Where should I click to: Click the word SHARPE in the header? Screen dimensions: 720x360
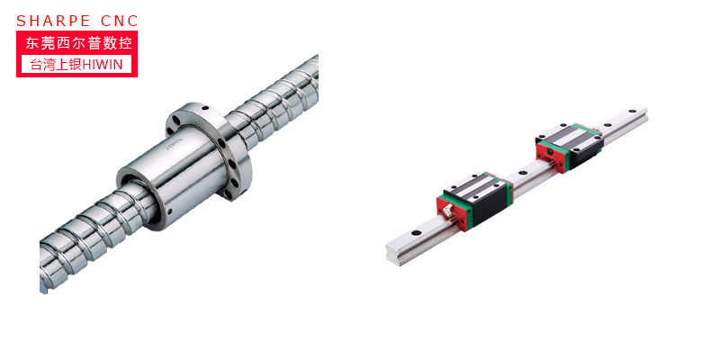pos(53,21)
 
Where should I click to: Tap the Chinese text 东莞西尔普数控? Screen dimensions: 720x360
pos(78,43)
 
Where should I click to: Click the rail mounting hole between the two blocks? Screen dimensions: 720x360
pos(522,173)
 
